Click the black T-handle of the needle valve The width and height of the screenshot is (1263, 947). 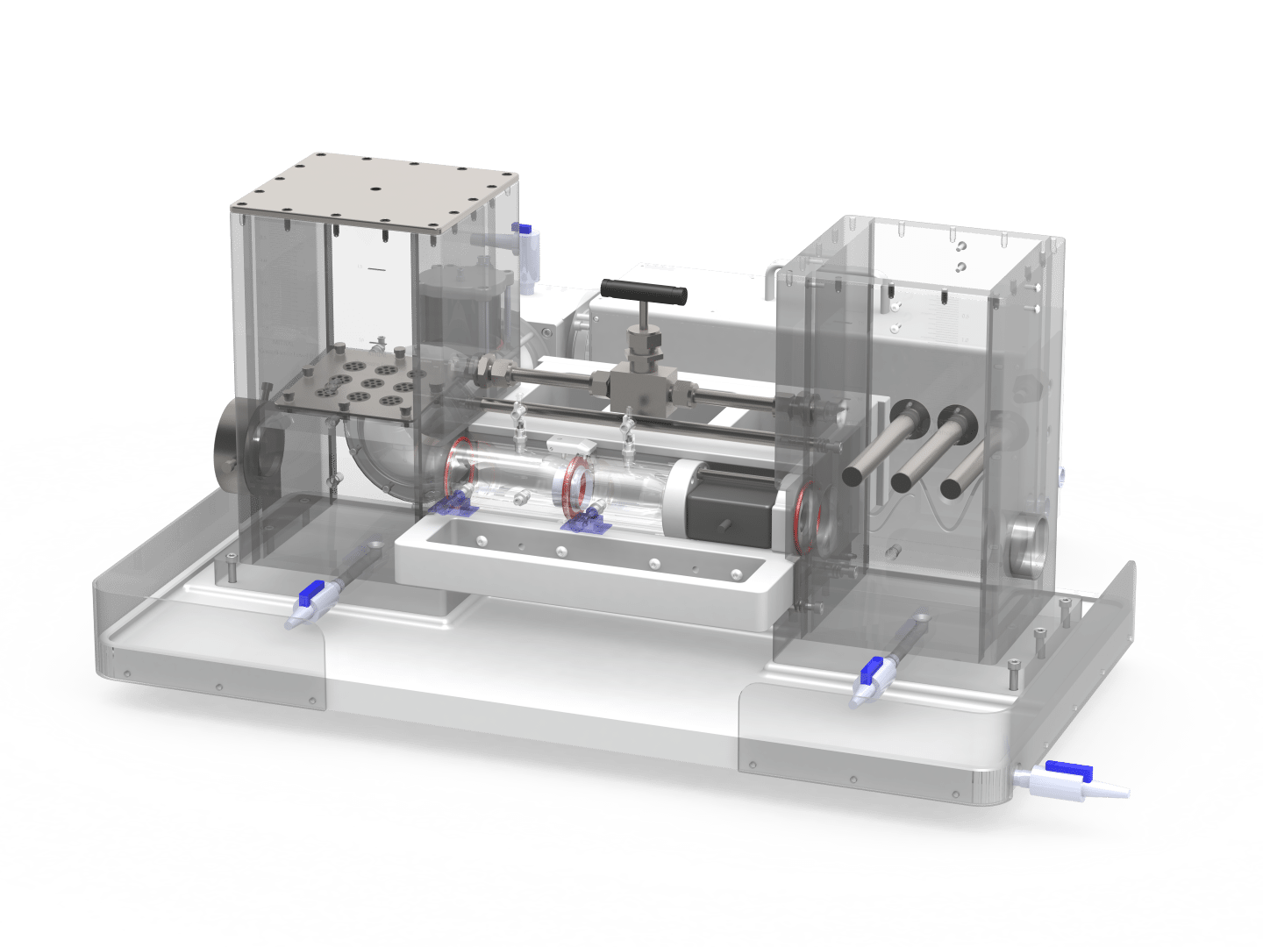click(644, 292)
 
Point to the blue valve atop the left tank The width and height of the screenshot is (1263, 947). click(524, 231)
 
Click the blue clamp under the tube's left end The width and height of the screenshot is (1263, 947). click(453, 504)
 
